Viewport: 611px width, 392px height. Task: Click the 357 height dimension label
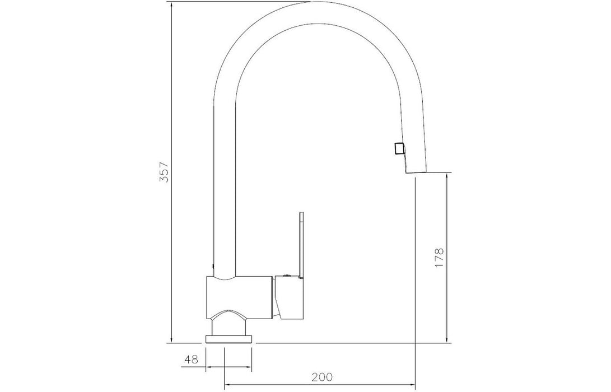pos(165,171)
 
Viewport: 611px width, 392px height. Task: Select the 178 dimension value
pos(439,258)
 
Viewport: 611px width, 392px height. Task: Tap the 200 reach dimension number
pos(322,377)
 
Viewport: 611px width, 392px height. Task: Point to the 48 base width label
pos(192,359)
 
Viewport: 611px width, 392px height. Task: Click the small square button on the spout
pos(399,148)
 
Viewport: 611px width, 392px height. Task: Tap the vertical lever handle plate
pos(301,245)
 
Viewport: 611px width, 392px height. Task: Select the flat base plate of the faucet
pos(228,339)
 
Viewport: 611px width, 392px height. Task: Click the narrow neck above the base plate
pos(229,325)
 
